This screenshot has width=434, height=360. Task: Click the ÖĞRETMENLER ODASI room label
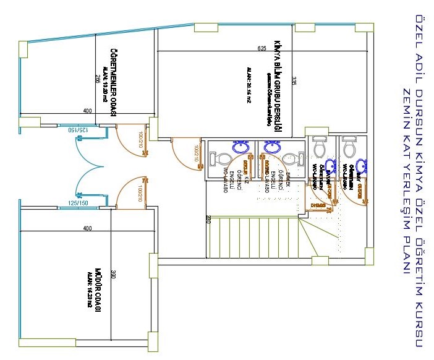114,80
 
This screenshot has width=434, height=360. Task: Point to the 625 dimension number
262,48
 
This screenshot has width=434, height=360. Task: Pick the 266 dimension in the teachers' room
98,79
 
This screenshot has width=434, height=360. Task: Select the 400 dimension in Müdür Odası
87,228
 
